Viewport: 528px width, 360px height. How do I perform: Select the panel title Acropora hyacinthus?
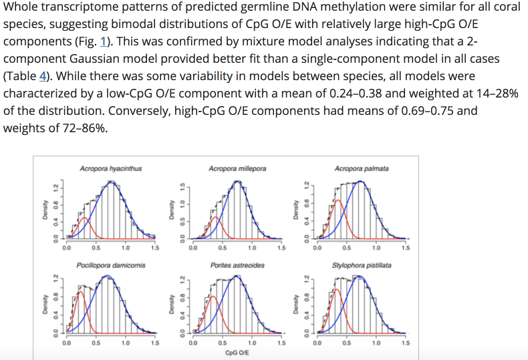click(x=110, y=169)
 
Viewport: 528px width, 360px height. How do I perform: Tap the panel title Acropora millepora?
click(x=237, y=169)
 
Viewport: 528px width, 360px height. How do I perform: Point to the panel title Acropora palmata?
click(x=362, y=169)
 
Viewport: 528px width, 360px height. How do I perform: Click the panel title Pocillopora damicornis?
click(x=110, y=265)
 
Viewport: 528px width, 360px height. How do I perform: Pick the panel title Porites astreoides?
click(x=237, y=265)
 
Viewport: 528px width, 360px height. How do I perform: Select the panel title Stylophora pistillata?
click(x=362, y=265)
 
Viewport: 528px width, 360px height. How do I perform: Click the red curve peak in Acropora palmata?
click(x=338, y=200)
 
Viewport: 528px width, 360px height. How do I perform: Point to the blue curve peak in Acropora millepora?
click(x=238, y=182)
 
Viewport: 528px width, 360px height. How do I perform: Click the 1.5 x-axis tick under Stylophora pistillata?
click(x=405, y=343)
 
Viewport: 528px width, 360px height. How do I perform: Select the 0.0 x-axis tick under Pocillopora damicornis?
click(x=66, y=343)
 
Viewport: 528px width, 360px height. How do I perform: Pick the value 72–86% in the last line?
click(x=76, y=128)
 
